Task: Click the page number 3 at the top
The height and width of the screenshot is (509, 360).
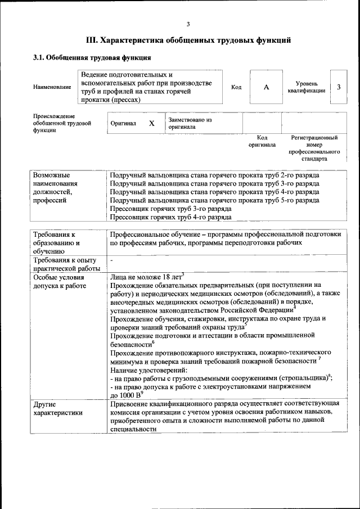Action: pos(188,24)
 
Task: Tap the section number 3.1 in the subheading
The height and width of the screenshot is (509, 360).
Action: pos(39,57)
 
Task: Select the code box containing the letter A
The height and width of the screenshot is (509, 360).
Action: pos(266,87)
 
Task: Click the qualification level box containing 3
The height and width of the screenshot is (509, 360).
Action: pos(338,87)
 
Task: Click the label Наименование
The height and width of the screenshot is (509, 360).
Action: pos(52,87)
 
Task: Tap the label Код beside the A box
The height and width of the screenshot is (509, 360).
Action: pos(236,87)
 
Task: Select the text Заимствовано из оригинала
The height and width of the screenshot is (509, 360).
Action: pos(189,123)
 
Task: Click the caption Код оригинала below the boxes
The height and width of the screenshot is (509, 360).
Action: pos(262,141)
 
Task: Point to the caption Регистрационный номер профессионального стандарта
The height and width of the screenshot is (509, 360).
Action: pos(314,148)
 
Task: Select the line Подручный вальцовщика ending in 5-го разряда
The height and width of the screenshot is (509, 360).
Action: pos(214,200)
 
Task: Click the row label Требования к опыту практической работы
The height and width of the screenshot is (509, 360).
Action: pos(65,264)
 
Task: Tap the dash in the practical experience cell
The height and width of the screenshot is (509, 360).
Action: pos(112,260)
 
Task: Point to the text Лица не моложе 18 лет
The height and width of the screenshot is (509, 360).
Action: pos(146,277)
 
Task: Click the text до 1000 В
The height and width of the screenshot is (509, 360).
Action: pos(127,395)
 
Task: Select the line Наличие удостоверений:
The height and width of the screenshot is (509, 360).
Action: pos(148,371)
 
